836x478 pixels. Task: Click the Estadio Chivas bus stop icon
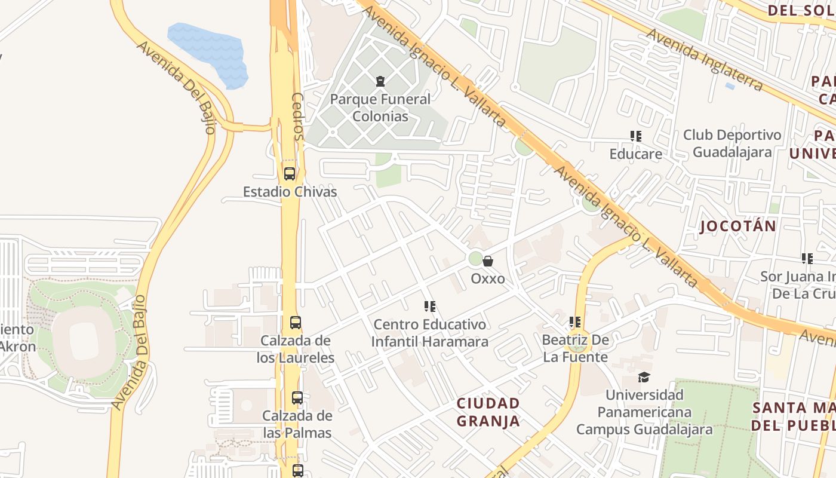click(290, 174)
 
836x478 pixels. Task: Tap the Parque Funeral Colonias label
click(380, 108)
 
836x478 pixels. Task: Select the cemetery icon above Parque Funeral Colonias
click(380, 81)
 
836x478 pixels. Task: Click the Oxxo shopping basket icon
click(488, 261)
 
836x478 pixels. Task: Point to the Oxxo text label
click(488, 278)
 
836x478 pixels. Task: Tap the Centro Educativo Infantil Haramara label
click(429, 333)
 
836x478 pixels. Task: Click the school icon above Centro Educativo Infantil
click(429, 307)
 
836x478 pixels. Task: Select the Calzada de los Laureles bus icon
click(296, 323)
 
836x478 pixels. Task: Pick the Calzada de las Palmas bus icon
click(297, 397)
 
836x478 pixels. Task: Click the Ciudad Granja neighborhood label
click(488, 412)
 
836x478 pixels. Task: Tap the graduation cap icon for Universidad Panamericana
click(644, 377)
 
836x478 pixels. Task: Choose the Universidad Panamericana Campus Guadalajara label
click(644, 412)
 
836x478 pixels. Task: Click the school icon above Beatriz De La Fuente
click(575, 322)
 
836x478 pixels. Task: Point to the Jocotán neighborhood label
click(738, 226)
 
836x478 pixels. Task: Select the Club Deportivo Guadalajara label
click(732, 143)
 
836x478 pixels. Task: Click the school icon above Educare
click(636, 136)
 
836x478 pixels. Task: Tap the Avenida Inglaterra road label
click(705, 60)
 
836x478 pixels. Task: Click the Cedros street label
click(297, 116)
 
